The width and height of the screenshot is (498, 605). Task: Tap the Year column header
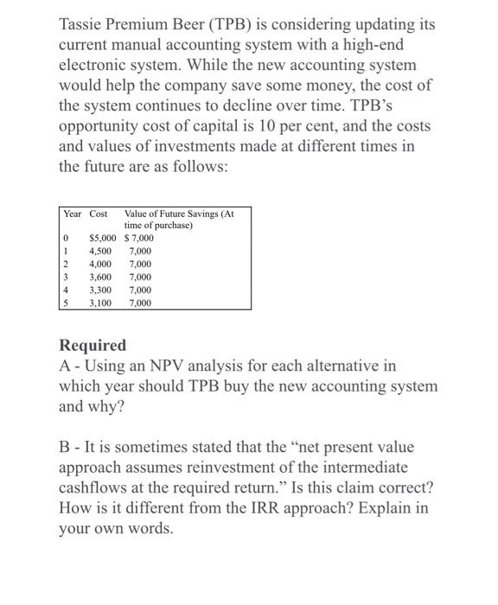72,213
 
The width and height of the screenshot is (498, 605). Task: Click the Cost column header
99,213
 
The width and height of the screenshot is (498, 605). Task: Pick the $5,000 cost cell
103,238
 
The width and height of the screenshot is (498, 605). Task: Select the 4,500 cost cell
100,251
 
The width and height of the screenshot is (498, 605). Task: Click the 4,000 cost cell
100,264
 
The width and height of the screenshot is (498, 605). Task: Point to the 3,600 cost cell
100,277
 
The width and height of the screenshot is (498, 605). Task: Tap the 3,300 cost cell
100,290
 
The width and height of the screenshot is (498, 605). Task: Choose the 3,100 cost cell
100,302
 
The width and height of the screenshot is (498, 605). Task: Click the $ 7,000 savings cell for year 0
139,238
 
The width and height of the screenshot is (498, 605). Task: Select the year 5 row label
65,302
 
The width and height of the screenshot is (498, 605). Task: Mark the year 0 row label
65,238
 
